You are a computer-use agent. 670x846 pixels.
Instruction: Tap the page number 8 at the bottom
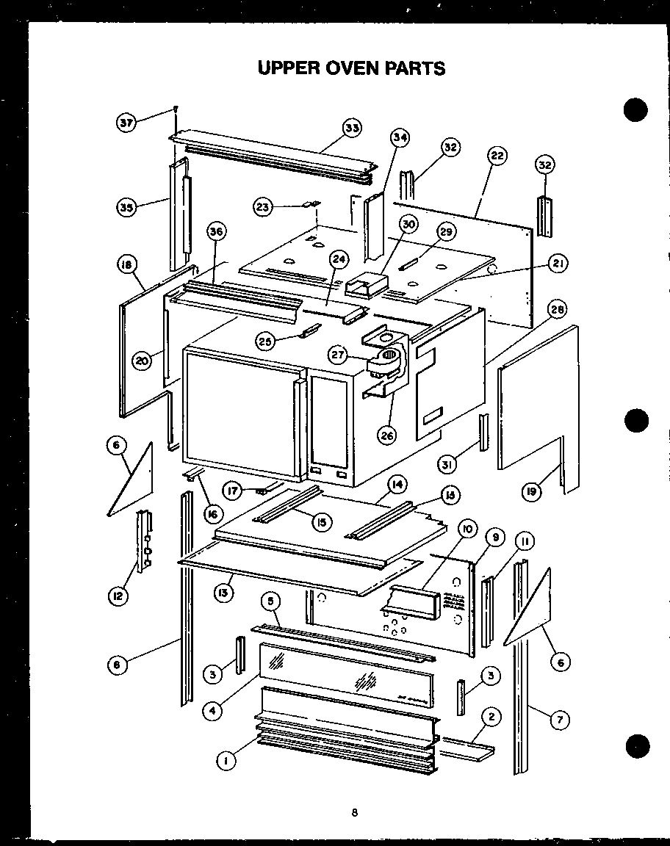pos(355,812)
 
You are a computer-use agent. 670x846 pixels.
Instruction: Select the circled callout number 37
pos(127,123)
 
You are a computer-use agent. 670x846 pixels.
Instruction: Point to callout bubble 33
pos(352,128)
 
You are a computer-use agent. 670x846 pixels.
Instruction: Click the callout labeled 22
pos(497,156)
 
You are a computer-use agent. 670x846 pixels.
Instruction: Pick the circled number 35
pos(126,207)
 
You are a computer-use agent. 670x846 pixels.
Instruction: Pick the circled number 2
pos(491,716)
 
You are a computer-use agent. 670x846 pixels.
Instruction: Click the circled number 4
pos(212,710)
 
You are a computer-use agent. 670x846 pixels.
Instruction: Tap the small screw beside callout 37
pos(176,110)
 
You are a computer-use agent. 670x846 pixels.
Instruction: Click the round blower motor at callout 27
pos(390,359)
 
